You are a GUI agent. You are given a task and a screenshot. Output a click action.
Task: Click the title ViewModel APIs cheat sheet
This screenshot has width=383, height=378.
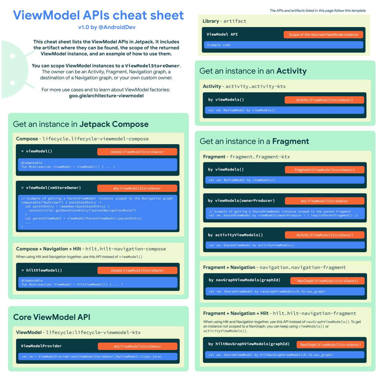point(98,15)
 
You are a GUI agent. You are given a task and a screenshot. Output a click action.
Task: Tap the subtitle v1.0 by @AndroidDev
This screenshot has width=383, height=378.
point(106,27)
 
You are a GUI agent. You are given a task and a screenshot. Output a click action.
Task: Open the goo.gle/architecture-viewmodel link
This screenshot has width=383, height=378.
point(106,96)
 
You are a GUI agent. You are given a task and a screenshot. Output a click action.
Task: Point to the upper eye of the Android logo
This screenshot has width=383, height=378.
point(13,56)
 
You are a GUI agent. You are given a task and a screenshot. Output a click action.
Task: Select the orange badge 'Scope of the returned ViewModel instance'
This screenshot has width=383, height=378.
point(323,35)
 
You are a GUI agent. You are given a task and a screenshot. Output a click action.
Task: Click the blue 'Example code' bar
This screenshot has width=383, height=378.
point(283,45)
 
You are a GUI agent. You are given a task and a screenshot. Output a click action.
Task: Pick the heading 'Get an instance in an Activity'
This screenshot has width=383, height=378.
point(253,71)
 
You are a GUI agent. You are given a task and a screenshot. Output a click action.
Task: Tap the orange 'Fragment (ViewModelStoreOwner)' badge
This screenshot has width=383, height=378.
point(324,170)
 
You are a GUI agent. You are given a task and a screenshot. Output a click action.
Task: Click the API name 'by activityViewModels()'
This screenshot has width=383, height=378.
point(235,235)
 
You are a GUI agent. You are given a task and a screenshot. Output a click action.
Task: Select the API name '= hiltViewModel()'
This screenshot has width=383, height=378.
point(42,270)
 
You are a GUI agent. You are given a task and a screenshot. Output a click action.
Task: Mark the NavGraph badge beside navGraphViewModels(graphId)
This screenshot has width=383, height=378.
point(327,281)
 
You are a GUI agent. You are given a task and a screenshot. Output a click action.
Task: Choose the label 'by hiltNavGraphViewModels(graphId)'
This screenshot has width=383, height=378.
point(249,344)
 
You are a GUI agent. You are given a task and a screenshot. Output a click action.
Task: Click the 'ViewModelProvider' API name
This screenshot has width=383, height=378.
point(41,346)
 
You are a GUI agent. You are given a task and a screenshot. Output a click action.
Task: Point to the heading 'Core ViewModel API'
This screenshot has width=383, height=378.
point(52,317)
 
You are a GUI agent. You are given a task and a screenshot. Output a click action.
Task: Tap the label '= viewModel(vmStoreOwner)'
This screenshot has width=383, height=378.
point(51,188)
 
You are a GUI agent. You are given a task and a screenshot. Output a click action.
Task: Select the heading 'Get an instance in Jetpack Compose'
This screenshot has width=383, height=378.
point(81,124)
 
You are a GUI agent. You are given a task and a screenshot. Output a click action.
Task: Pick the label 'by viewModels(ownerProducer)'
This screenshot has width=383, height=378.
point(241,201)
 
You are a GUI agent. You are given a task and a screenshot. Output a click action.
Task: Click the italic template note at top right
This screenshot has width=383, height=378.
point(317,11)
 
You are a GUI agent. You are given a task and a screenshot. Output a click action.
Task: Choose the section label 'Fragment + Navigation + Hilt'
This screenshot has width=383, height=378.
point(236,313)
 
